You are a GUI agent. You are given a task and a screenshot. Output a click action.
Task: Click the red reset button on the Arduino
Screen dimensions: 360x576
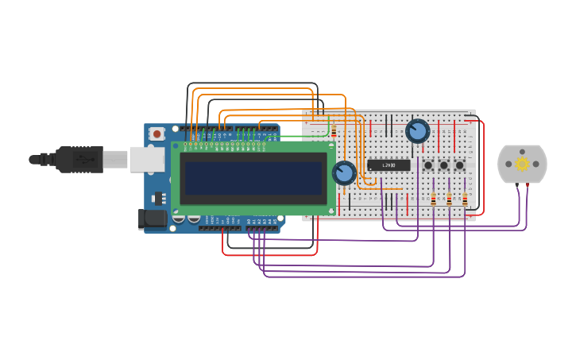(x=157, y=134)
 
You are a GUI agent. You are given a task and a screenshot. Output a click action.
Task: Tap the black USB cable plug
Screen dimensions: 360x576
(x=79, y=159)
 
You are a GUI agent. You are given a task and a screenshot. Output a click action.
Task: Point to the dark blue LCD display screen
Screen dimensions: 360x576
(x=253, y=178)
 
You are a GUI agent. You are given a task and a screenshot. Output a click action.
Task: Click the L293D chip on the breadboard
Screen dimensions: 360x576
(x=389, y=165)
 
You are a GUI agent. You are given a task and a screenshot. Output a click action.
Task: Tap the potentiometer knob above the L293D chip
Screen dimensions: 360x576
(x=417, y=130)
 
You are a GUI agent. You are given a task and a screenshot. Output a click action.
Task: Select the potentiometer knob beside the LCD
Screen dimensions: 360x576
(x=344, y=172)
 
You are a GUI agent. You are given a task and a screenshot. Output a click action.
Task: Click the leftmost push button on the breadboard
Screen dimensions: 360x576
(x=428, y=165)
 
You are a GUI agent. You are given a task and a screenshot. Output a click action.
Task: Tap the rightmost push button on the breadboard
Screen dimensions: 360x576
(x=459, y=165)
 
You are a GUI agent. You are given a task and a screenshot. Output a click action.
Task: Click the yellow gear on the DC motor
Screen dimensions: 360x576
(x=522, y=164)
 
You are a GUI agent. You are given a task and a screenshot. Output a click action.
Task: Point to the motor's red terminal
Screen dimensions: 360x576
(x=527, y=185)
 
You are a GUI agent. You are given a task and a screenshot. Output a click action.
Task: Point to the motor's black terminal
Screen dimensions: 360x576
(x=517, y=185)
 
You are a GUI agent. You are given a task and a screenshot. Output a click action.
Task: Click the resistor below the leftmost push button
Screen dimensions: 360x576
(x=433, y=199)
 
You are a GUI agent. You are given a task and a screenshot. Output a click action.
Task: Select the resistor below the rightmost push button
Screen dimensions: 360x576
(x=465, y=199)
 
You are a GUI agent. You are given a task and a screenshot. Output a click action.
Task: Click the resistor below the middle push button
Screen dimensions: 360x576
(x=449, y=199)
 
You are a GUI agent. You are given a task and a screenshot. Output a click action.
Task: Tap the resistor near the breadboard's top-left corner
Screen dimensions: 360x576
(x=334, y=131)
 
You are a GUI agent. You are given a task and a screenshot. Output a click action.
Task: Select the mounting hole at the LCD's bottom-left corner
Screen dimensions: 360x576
(x=176, y=211)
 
